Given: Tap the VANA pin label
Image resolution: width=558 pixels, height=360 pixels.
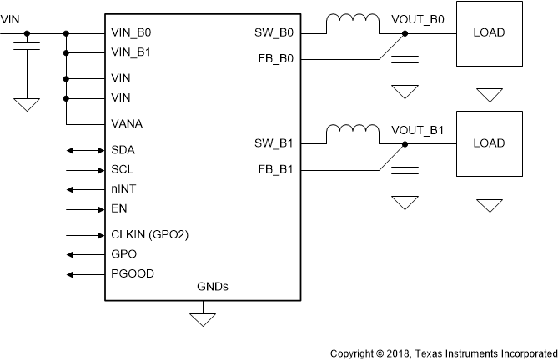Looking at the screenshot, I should click(127, 124).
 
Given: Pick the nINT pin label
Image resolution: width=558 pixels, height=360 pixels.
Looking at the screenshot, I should click(123, 188).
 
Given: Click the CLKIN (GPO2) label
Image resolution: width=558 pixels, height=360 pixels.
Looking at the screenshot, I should click(149, 235).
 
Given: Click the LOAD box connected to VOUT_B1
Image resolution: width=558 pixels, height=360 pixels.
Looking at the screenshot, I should click(488, 143).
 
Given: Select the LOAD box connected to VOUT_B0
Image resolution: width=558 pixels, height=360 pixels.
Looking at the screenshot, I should click(488, 33).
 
